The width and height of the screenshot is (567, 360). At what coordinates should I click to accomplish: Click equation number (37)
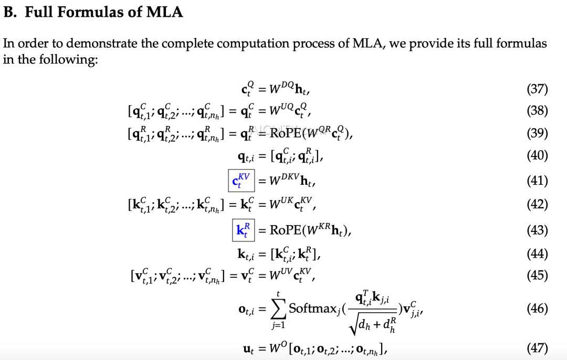click(x=537, y=89)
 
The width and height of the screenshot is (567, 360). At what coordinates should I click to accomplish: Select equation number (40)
click(x=537, y=155)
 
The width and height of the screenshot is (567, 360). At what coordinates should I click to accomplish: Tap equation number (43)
click(x=537, y=230)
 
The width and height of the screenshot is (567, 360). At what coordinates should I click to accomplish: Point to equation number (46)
click(x=537, y=309)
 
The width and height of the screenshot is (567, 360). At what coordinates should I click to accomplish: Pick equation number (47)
click(x=537, y=348)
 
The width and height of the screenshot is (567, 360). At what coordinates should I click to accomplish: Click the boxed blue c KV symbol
click(x=241, y=181)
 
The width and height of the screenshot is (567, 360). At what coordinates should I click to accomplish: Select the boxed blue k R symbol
click(x=244, y=230)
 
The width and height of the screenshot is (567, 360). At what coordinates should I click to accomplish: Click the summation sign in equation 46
click(x=278, y=310)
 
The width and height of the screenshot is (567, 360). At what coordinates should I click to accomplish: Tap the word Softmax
click(x=312, y=309)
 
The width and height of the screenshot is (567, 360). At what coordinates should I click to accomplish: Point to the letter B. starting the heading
click(x=10, y=12)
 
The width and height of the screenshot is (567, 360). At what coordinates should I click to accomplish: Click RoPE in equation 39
click(x=285, y=133)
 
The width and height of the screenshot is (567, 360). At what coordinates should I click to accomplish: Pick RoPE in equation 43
click(x=285, y=230)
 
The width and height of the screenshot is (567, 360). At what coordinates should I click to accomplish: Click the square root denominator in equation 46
click(x=372, y=325)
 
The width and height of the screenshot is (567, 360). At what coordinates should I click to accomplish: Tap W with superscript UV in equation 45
click(x=280, y=274)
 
